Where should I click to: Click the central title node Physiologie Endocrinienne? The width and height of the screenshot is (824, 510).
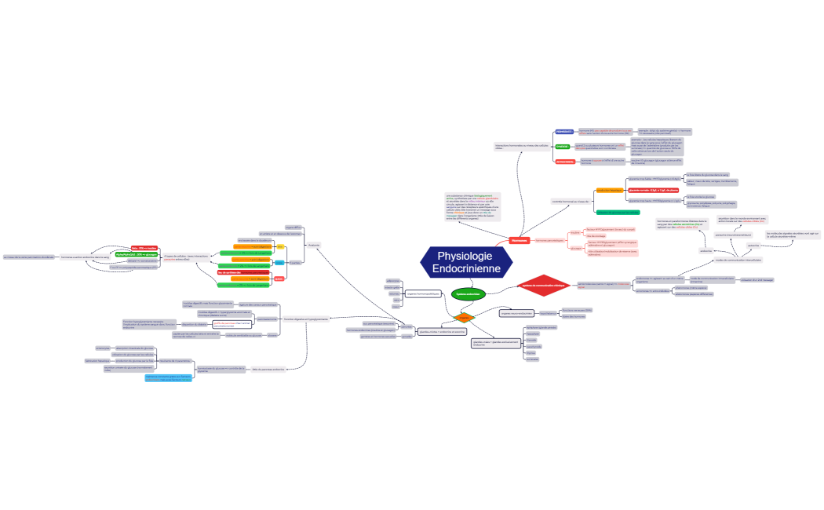(467, 262)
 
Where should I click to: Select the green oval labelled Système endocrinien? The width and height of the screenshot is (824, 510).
(469, 293)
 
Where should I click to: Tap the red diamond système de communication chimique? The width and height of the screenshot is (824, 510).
(542, 286)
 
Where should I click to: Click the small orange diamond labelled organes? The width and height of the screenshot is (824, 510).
(464, 318)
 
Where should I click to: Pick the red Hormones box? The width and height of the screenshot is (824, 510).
(519, 240)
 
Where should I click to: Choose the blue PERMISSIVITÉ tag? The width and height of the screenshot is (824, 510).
(564, 132)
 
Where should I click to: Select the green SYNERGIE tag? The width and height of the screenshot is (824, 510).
(562, 147)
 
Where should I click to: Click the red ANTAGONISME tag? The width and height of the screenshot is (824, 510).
(565, 162)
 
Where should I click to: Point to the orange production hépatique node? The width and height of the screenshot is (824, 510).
(610, 190)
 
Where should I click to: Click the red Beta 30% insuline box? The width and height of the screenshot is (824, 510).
(144, 248)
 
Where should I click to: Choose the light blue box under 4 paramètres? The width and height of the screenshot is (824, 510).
(168, 377)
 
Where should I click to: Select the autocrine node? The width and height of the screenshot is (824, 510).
(753, 245)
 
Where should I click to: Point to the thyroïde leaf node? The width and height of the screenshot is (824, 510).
(531, 340)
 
